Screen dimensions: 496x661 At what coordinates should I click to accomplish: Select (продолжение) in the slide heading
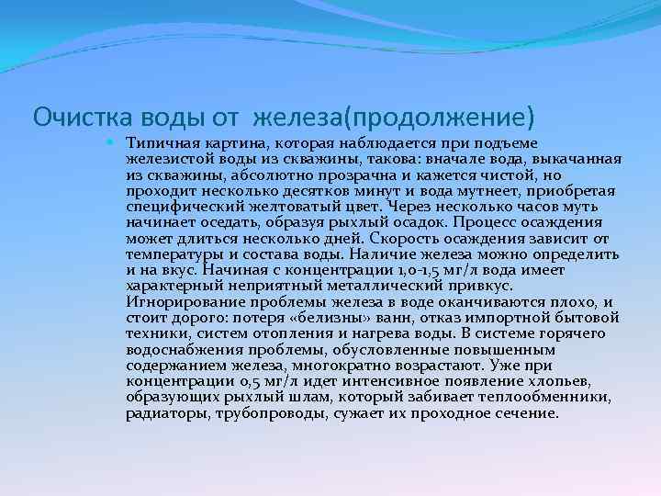[x=437, y=118]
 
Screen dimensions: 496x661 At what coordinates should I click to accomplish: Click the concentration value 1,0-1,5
[x=430, y=271]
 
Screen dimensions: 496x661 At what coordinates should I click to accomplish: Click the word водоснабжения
[x=178, y=349]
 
